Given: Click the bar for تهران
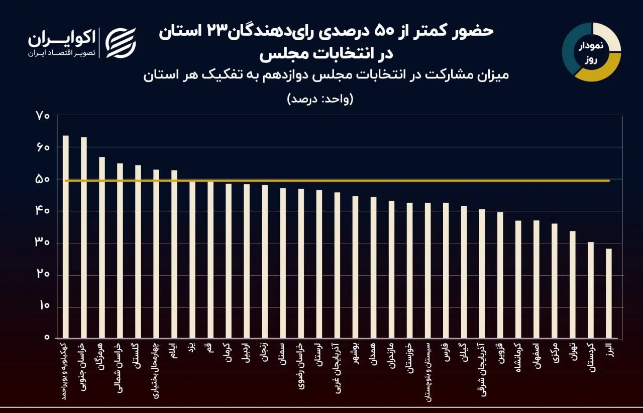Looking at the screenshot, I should pos(572,284).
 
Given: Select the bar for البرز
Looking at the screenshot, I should pos(608,293).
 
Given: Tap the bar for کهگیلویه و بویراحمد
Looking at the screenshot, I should pos(65,236).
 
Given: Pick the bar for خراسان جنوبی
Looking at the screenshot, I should pos(83,237).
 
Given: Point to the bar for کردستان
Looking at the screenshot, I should pos(590,290).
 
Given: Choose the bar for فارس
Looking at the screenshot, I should pos(446,270).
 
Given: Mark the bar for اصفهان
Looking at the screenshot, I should pos(536,279).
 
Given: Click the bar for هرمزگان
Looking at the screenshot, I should pos(101,247).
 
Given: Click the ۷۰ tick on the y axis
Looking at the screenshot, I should pos(43,116).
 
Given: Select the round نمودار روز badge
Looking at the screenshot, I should pos(591,52).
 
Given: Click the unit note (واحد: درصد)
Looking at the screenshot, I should pos(320,99).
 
